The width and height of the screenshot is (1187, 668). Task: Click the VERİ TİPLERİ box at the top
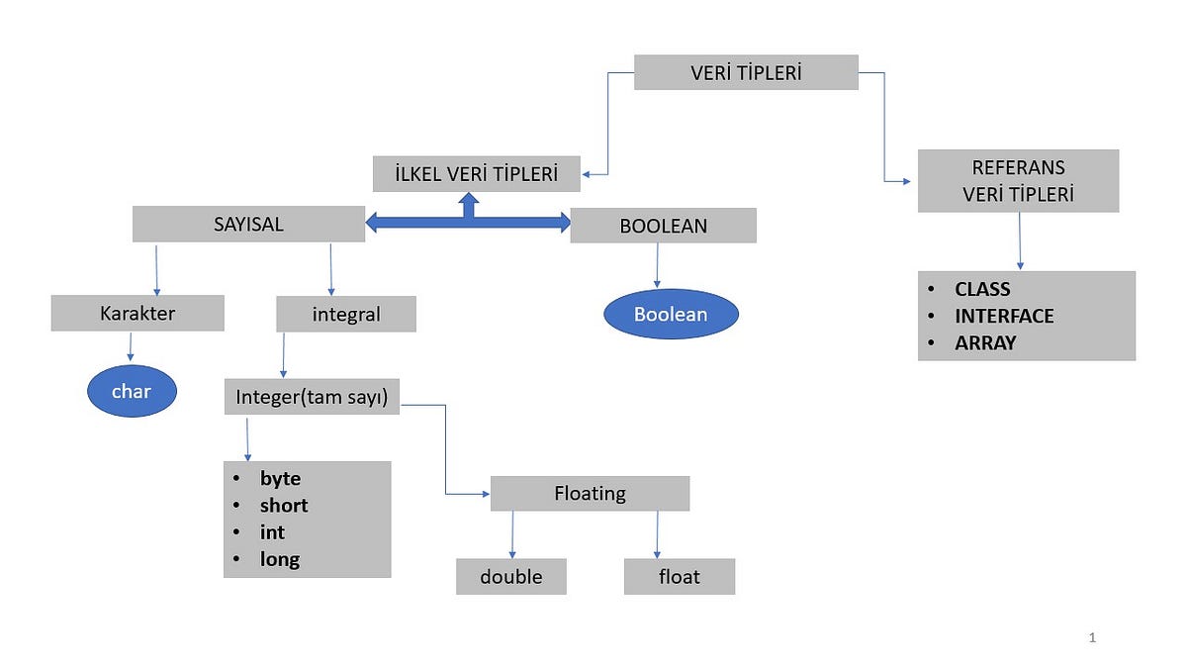746,72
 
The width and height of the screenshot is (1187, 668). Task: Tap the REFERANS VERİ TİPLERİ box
1018,181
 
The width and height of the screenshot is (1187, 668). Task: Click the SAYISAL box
248,224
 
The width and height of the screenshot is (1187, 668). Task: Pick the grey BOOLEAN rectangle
663,226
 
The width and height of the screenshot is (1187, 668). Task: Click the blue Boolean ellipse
671,314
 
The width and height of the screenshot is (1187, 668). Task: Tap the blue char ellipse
132,391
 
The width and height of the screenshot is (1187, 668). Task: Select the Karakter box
137,314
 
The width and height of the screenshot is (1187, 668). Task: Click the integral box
346,315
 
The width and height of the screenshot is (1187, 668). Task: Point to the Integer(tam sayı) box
312,397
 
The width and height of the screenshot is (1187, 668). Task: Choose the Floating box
590,493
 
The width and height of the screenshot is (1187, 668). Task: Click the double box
510,576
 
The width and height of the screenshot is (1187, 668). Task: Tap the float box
679,576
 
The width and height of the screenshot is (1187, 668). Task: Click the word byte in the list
280,478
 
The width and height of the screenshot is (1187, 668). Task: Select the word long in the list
280,559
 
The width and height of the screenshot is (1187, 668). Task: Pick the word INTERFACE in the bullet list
1004,317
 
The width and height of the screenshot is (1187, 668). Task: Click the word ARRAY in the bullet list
985,343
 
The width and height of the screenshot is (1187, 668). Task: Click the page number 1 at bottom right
1092,638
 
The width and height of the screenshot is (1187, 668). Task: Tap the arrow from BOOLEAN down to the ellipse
657,266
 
